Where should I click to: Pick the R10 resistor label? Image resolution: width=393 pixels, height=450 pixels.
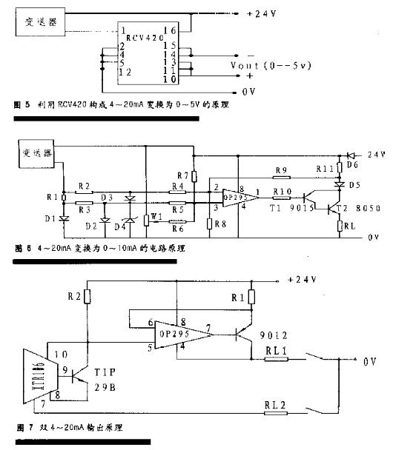[283, 191]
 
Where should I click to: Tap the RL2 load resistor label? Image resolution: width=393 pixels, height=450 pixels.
[276, 405]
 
